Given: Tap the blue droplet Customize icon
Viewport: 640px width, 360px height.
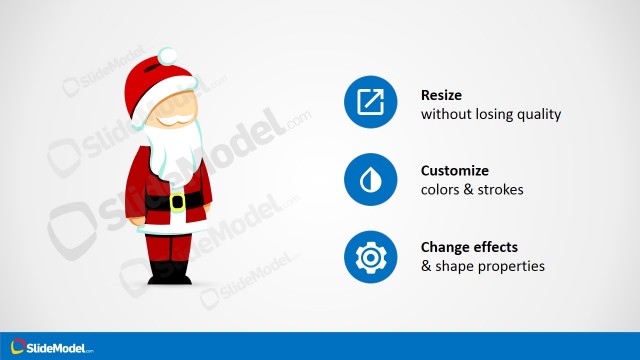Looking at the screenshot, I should (370, 180).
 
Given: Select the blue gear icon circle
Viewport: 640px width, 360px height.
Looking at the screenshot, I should (370, 257).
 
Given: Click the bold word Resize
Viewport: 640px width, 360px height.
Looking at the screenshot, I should (443, 96).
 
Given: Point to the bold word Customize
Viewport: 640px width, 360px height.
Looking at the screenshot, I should (455, 171).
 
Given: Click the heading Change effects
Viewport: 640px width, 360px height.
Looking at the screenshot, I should (468, 247).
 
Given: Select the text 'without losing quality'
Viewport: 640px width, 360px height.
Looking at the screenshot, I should (490, 114).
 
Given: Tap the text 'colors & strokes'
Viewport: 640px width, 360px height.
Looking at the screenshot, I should (471, 190).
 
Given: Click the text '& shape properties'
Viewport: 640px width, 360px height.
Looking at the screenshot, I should (482, 266).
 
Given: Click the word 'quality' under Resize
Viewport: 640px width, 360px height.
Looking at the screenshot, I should (540, 114).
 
